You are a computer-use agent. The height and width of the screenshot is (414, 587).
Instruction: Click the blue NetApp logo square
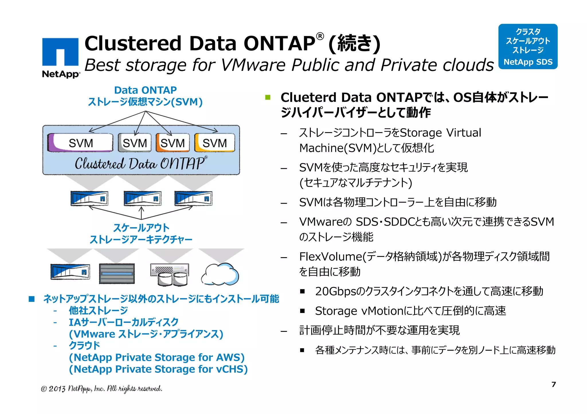60,52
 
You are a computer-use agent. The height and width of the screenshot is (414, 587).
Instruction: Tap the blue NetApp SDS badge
528,46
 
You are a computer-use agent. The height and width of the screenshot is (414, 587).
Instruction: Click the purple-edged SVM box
80,142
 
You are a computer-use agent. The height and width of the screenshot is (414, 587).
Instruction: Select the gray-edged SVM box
134,142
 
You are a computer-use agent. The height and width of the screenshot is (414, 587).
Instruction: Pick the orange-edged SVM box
173,142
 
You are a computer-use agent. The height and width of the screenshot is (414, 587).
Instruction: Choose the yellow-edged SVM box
214,142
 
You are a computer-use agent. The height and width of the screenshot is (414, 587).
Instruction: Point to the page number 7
553,384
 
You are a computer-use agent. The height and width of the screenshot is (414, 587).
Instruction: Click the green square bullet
268,98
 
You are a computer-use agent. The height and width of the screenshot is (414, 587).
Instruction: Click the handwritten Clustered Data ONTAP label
140,164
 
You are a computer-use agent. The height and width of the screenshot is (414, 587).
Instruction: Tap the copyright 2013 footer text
101,389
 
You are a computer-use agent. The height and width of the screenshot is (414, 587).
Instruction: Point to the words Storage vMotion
359,311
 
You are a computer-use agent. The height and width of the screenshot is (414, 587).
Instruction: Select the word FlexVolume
330,257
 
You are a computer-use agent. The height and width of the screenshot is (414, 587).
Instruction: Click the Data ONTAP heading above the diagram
145,90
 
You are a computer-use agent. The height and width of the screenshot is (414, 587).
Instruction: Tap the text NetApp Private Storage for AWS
156,357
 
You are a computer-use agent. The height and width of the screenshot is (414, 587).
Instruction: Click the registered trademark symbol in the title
320,36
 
